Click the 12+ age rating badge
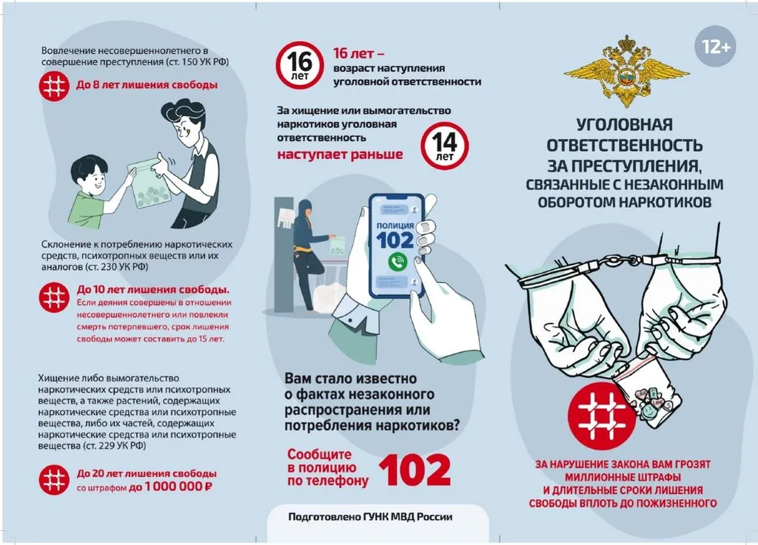[x=716, y=47]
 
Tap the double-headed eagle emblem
[x=626, y=70]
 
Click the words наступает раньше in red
[x=340, y=155]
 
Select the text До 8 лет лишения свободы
[x=147, y=85]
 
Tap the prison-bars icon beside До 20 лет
[x=54, y=479]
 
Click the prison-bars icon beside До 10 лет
[x=54, y=297]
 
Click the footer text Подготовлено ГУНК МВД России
[x=369, y=518]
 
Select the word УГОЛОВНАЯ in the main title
[x=624, y=124]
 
